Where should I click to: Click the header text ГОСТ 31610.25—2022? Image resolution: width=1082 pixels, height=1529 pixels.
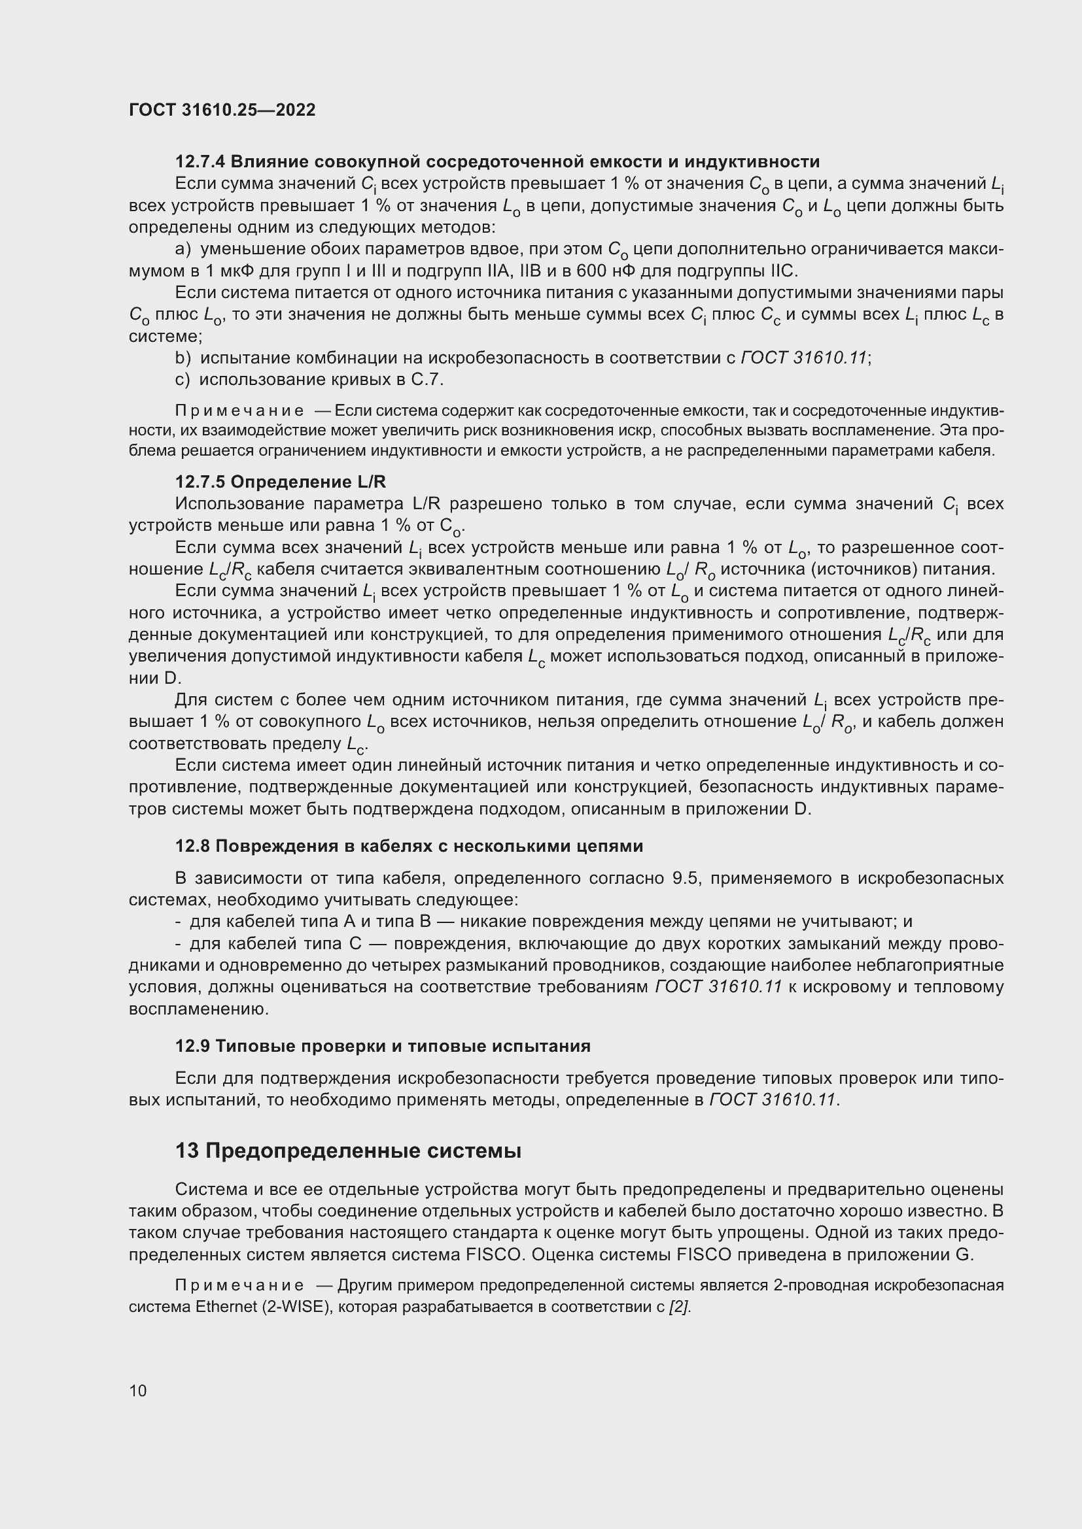(x=222, y=110)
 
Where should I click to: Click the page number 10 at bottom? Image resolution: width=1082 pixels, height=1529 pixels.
(x=138, y=1390)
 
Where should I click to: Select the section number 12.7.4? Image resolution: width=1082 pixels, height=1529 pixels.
(x=200, y=162)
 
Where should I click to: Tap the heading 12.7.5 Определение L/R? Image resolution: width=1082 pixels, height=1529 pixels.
(x=280, y=482)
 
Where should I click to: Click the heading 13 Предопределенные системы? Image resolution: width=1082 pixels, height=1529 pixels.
(x=348, y=1151)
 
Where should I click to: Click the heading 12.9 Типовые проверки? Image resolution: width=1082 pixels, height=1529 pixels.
(x=383, y=1046)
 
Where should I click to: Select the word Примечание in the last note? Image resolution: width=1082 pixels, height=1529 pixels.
(x=239, y=1285)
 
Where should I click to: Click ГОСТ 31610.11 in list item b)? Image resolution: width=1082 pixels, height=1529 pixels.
(x=803, y=358)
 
